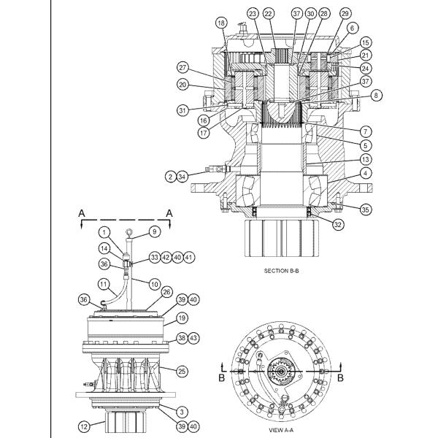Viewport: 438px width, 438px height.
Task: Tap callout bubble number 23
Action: coord(253,14)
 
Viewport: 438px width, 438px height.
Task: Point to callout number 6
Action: coord(352,28)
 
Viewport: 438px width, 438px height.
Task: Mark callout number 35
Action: coord(365,209)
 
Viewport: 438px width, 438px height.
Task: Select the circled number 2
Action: coord(169,176)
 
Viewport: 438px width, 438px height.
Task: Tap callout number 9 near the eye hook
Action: coord(134,231)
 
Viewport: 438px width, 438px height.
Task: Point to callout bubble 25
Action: coord(182,372)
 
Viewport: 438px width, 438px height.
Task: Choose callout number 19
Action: coord(182,318)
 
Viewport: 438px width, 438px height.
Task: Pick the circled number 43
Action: coord(193,339)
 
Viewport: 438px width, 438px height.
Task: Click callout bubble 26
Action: coord(166,292)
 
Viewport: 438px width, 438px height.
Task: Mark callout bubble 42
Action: coord(167,257)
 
